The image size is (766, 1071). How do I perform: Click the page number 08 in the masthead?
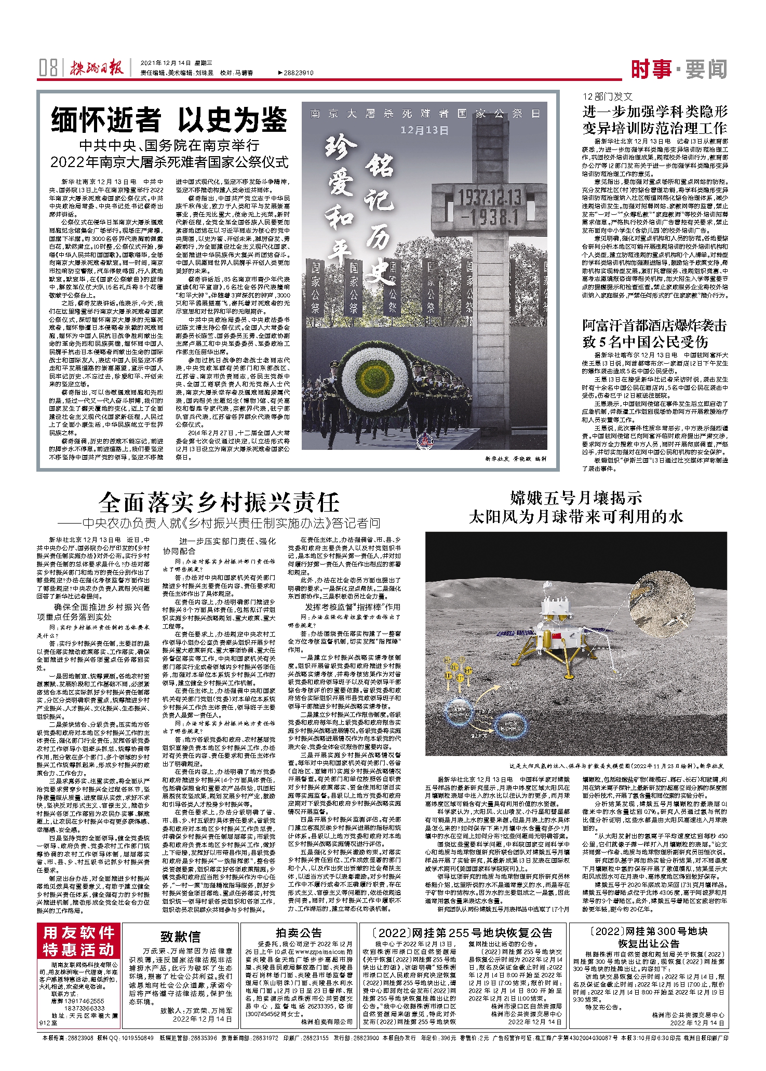tap(48, 68)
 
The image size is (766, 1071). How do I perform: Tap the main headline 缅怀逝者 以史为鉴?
tap(169, 120)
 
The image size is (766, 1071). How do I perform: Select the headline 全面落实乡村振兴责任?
tap(219, 502)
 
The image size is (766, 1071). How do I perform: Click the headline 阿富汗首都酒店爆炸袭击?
tap(654, 326)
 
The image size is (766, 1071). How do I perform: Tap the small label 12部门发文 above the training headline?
tap(607, 97)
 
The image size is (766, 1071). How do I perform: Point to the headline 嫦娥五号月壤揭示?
tap(576, 499)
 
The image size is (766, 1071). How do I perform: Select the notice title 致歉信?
tap(181, 936)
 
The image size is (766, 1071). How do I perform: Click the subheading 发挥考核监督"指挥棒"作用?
tap(353, 607)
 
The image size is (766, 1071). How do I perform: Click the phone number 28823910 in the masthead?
tap(299, 73)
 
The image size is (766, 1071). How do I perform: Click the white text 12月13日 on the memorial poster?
tap(424, 130)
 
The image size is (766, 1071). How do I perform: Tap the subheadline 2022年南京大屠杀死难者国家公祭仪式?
tap(169, 162)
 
